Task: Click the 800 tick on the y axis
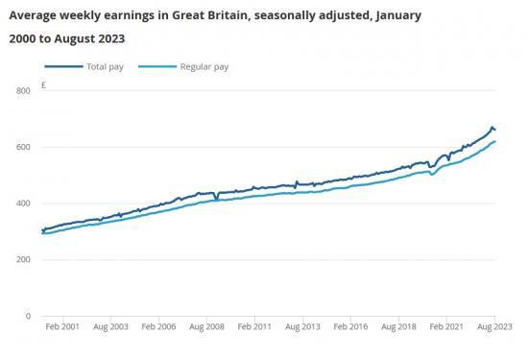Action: (23, 91)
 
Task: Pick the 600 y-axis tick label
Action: (23, 147)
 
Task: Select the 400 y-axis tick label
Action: (23, 204)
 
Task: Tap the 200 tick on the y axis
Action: (23, 260)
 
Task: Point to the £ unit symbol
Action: (44, 85)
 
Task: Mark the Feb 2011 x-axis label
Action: (256, 328)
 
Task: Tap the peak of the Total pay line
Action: (492, 127)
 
